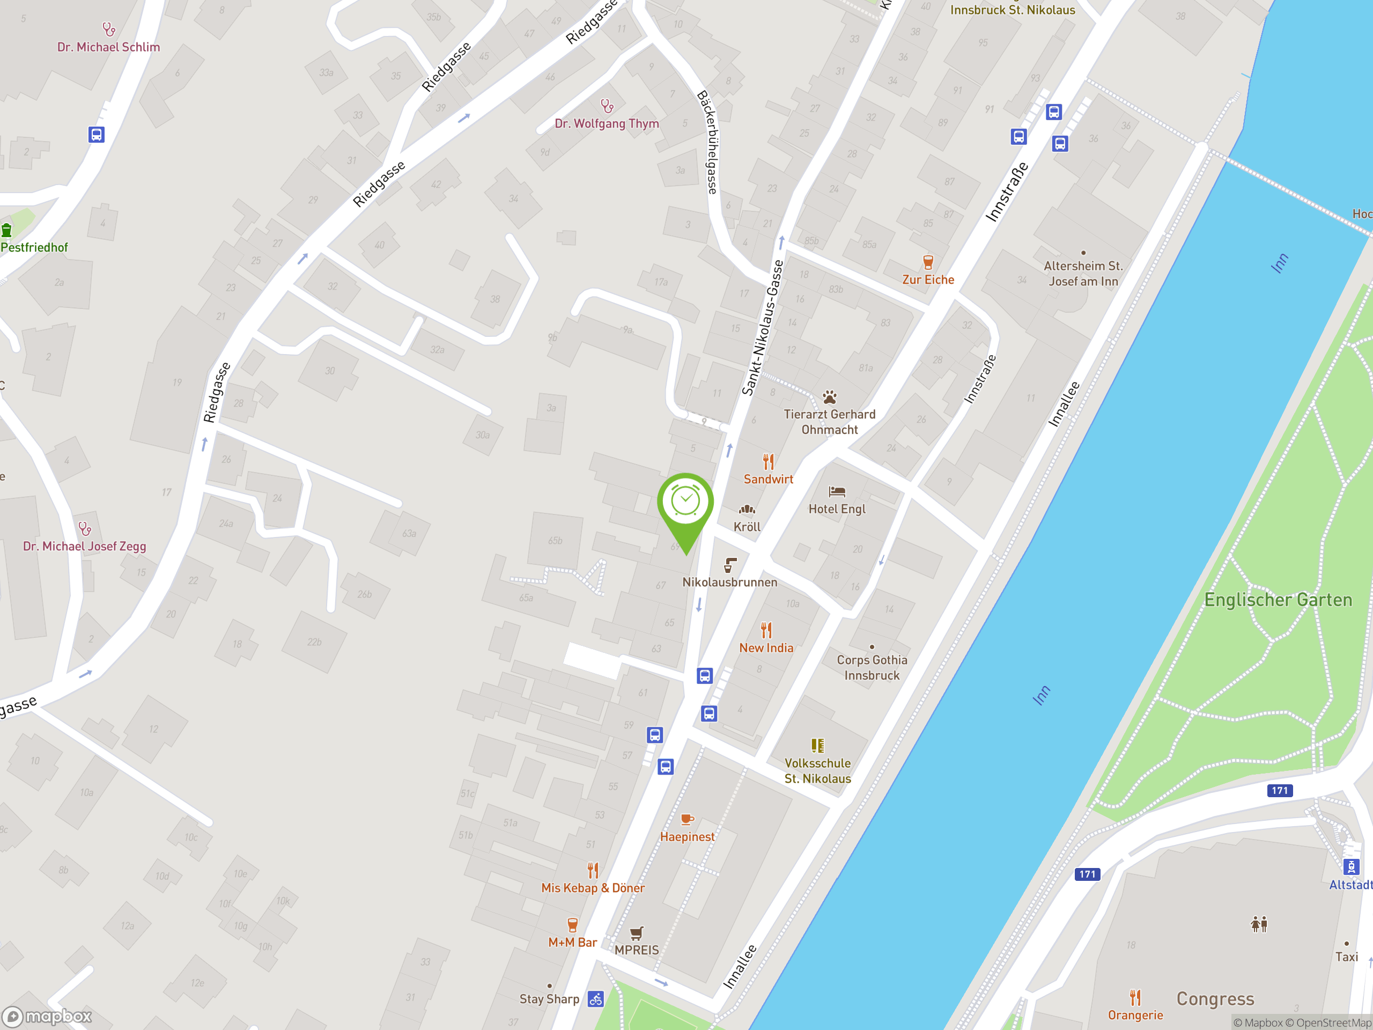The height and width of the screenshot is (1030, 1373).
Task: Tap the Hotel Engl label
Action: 837,509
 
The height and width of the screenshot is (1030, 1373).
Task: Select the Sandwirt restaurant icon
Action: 769,462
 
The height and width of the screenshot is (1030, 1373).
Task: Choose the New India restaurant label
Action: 766,648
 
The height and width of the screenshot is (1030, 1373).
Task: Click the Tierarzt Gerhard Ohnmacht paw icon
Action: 829,398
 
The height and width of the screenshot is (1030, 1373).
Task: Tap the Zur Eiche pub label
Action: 928,280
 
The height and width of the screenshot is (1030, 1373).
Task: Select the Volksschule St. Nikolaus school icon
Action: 817,746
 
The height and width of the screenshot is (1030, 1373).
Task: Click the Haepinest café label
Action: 687,837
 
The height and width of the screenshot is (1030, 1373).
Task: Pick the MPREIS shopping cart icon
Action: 636,933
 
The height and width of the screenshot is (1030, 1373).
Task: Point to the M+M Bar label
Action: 572,943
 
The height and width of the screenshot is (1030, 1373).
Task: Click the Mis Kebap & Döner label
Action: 593,888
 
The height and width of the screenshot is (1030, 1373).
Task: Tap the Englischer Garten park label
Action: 1278,600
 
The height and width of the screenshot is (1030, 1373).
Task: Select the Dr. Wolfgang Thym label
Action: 607,124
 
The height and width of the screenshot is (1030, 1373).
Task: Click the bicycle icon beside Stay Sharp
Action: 596,999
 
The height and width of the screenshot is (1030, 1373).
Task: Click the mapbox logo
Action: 47,1017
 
